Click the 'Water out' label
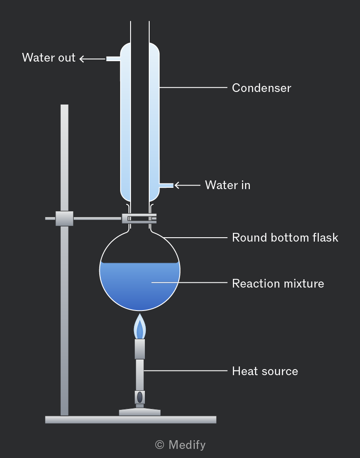click(49, 58)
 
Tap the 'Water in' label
click(228, 185)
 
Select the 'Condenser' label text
click(262, 88)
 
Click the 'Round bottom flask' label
click(285, 238)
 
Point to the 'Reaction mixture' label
click(278, 284)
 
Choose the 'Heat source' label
click(265, 371)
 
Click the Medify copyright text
click(180, 445)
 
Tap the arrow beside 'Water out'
click(92, 59)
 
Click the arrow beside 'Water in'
click(187, 185)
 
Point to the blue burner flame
click(140, 327)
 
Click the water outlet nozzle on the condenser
click(113, 59)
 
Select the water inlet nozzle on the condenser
click(166, 186)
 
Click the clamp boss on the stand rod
click(64, 219)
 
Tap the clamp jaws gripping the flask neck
click(139, 219)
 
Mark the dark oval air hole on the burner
click(140, 397)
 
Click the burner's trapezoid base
click(140, 412)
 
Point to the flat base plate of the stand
click(131, 420)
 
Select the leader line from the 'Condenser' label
click(193, 87)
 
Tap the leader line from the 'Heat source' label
click(186, 371)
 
